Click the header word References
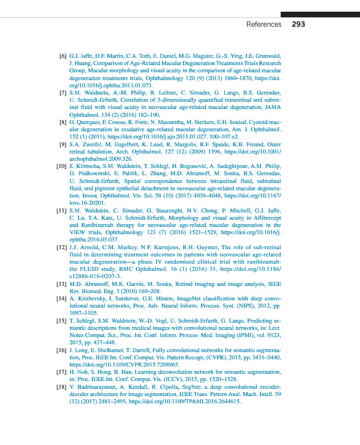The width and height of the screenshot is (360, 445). tap(264, 24)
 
